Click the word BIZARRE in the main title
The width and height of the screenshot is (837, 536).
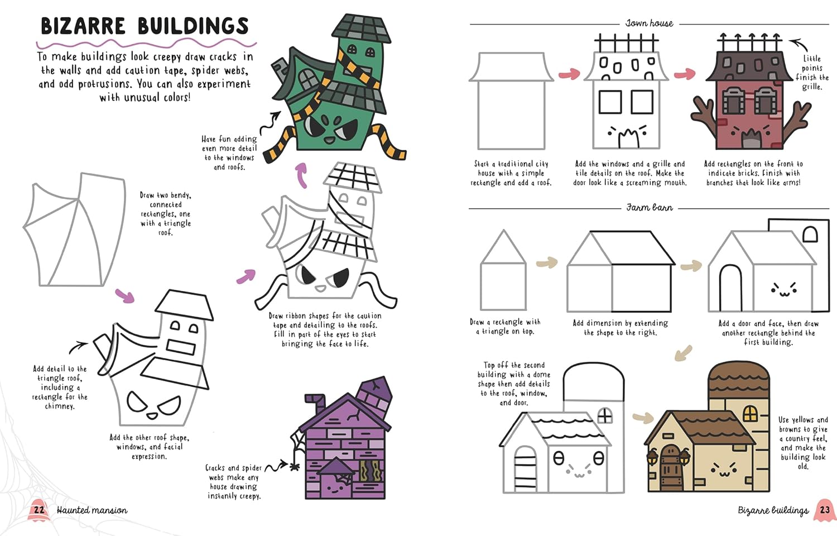[x=83, y=26]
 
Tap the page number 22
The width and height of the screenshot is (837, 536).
[x=39, y=510]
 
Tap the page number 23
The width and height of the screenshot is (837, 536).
[x=825, y=510]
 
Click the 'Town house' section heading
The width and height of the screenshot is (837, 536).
[x=650, y=23]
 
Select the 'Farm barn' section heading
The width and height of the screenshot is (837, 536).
[x=650, y=208]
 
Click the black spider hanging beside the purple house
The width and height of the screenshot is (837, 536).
[x=295, y=466]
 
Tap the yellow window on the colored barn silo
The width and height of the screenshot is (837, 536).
[x=749, y=413]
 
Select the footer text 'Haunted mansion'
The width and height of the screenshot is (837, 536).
[x=92, y=510]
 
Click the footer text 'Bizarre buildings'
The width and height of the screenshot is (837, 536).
[x=773, y=510]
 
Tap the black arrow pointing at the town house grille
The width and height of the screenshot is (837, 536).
[x=798, y=44]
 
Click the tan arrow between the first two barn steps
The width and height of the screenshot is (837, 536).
[x=547, y=262]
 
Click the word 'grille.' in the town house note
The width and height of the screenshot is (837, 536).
[x=811, y=87]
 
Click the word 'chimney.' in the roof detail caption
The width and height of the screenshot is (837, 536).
[x=60, y=406]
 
